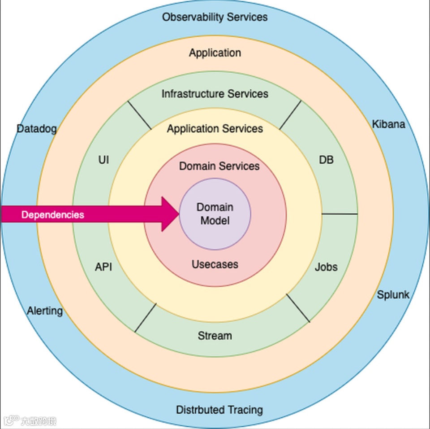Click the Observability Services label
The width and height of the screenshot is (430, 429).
[215, 18]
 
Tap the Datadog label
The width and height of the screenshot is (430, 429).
[37, 129]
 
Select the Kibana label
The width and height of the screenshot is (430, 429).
[388, 124]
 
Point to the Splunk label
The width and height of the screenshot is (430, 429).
[393, 295]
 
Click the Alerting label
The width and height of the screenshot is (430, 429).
[45, 311]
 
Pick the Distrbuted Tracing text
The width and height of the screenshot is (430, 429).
[219, 409]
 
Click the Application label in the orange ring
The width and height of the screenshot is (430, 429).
[215, 53]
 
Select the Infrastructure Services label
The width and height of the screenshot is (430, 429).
[215, 94]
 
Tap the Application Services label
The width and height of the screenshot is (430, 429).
[215, 129]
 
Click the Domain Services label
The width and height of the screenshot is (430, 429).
[219, 166]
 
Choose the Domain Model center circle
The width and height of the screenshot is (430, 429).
[215, 214]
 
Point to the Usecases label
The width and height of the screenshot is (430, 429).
[215, 264]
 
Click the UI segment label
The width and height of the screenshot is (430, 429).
[103, 160]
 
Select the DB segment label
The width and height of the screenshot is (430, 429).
[326, 160]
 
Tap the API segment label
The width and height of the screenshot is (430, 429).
[103, 267]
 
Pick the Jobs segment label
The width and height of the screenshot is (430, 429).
[326, 267]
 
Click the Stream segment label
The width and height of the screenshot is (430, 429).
[215, 336]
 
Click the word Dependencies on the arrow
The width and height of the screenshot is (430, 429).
[53, 214]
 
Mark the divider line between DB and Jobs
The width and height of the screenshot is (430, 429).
[340, 214]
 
